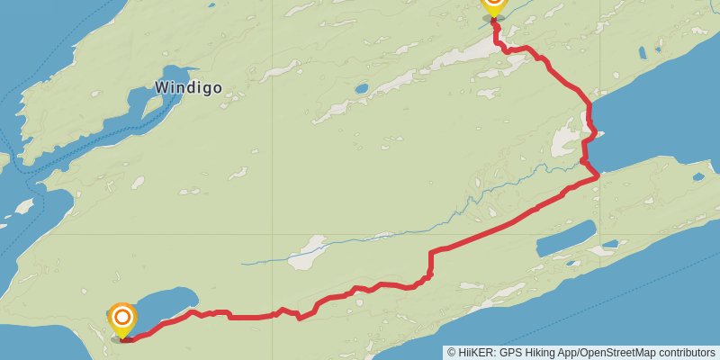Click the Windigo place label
coord(188,88)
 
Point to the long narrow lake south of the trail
coord(564,239)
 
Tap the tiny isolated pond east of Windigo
coord(361,89)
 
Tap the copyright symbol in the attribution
coord(451,353)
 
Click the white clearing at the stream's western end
coord(307,252)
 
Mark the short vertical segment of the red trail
coord(430,264)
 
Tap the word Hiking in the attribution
coord(539,353)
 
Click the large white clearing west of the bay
coord(566,141)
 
